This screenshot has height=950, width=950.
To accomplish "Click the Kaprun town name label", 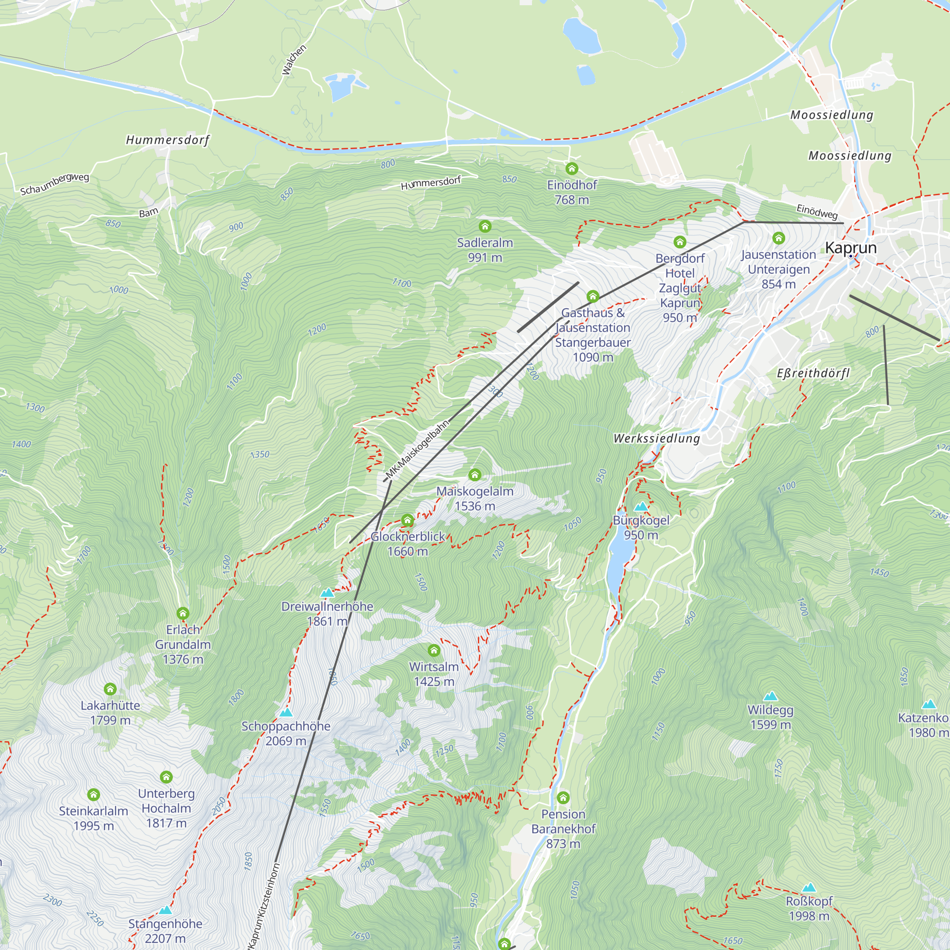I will click(x=851, y=248).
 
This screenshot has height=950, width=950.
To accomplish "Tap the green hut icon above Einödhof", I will click(x=571, y=169).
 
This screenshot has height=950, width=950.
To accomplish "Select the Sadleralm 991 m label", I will click(x=485, y=250).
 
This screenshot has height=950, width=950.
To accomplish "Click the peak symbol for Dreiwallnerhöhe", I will click(x=327, y=593).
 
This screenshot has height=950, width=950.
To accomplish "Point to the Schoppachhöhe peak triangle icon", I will click(x=285, y=712).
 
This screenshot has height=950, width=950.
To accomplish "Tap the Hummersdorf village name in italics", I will click(x=168, y=140).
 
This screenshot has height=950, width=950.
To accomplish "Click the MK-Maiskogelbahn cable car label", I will click(x=418, y=449).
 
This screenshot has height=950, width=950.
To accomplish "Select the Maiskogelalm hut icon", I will click(x=475, y=475).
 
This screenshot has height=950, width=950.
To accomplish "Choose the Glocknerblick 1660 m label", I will click(x=408, y=544).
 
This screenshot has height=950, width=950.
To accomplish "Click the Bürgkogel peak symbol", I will click(x=641, y=506).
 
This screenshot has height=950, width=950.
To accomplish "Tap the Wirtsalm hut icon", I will click(x=434, y=651).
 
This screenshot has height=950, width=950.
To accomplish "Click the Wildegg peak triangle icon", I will click(x=770, y=696).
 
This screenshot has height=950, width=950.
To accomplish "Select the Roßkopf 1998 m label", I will click(x=809, y=908).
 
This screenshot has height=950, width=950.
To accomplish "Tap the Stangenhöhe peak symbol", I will click(x=165, y=910).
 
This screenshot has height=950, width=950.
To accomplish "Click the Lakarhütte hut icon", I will click(x=110, y=689).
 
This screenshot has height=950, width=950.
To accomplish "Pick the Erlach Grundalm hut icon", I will click(x=183, y=613).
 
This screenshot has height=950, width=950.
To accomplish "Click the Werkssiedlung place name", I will click(x=656, y=438).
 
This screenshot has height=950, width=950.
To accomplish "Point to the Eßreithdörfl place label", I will click(x=813, y=373).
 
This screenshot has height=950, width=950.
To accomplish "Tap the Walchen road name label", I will click(x=294, y=60).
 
